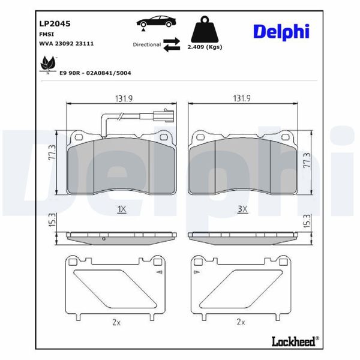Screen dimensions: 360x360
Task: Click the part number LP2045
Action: point(55,24)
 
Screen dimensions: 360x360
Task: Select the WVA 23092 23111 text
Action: point(66,44)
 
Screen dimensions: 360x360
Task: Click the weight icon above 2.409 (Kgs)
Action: point(204,28)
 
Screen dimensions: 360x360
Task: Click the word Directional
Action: point(147,44)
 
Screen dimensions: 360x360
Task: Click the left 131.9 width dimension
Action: point(122,98)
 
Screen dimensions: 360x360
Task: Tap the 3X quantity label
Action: point(242,209)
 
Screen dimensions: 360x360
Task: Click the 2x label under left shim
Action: point(116,322)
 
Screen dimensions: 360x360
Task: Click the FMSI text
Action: point(47,35)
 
